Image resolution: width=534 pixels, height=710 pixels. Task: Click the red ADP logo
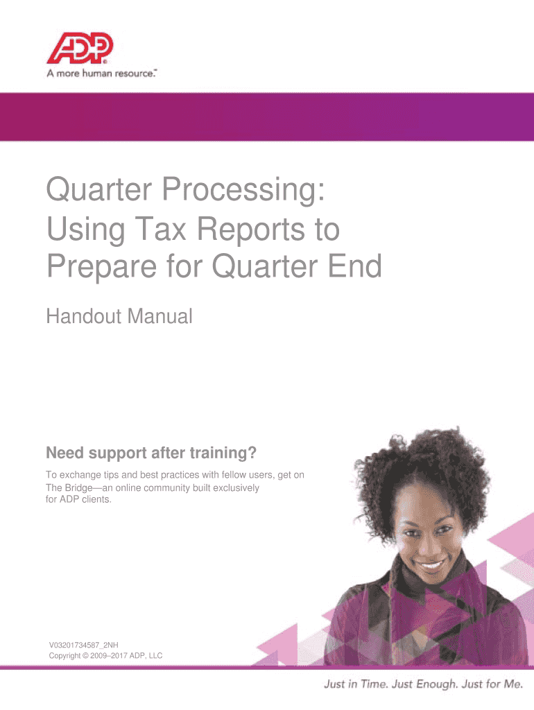tap(80, 48)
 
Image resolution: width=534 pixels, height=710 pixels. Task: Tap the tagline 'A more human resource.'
tap(101, 73)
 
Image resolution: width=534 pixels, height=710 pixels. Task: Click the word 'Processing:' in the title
tap(243, 190)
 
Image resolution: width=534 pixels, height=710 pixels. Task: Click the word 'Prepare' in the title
tap(102, 267)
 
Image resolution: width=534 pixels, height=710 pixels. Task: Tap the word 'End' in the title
tap(356, 266)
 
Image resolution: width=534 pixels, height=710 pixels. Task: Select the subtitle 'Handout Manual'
tap(119, 316)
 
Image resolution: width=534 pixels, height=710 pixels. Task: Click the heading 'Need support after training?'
tap(151, 453)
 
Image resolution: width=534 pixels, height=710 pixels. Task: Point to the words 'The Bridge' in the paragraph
tap(69, 488)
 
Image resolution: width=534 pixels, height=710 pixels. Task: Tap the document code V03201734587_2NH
tap(84, 645)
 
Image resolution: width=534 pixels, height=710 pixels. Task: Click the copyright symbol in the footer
tap(85, 656)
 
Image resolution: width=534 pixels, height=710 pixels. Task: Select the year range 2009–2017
tap(109, 656)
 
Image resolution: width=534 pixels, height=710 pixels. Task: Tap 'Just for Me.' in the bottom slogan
tap(492, 684)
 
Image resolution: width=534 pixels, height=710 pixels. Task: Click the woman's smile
tap(429, 564)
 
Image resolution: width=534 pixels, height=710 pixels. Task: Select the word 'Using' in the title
tap(85, 231)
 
